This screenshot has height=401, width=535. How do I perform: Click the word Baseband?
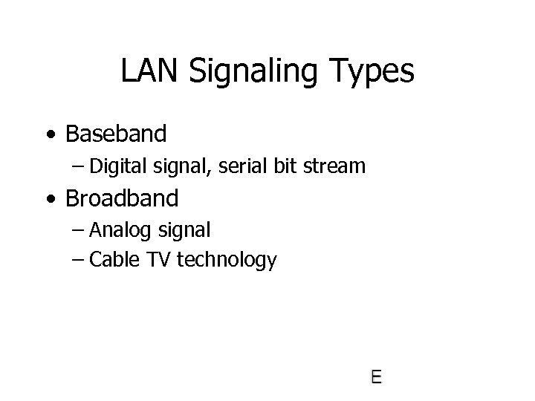pyautogui.click(x=116, y=134)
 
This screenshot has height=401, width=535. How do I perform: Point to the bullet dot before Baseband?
pyautogui.click(x=50, y=135)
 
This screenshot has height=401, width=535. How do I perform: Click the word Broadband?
pyautogui.click(x=122, y=199)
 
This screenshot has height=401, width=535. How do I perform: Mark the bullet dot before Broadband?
pyautogui.click(x=50, y=200)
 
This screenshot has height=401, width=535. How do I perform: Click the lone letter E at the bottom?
pyautogui.click(x=376, y=376)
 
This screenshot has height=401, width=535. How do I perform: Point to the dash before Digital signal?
pyautogui.click(x=79, y=166)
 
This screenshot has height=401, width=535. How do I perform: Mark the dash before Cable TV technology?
pyautogui.click(x=79, y=260)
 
